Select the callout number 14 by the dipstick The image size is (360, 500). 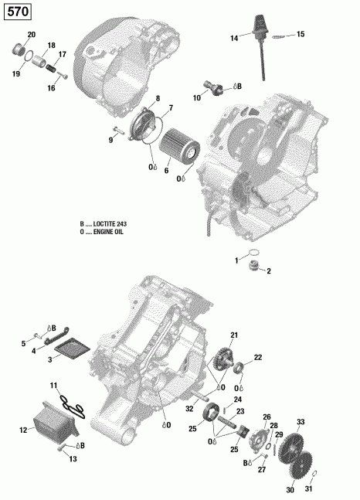233,38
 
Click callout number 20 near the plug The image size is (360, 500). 32,36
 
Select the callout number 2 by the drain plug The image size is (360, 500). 269,271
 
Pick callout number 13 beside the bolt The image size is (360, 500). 73,460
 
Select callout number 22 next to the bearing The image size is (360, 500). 258,357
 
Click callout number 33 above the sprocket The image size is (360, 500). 301,421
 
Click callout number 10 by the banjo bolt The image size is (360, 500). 197,98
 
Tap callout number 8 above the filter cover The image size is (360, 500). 158,98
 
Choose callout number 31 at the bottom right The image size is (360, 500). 311,490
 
